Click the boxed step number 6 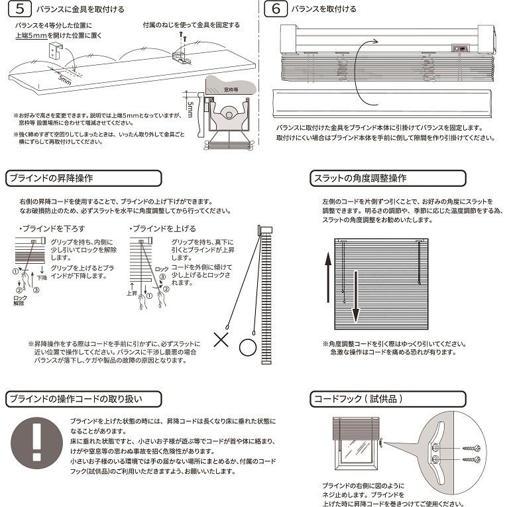tap(275, 9)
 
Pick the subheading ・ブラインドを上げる tap(155, 229)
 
